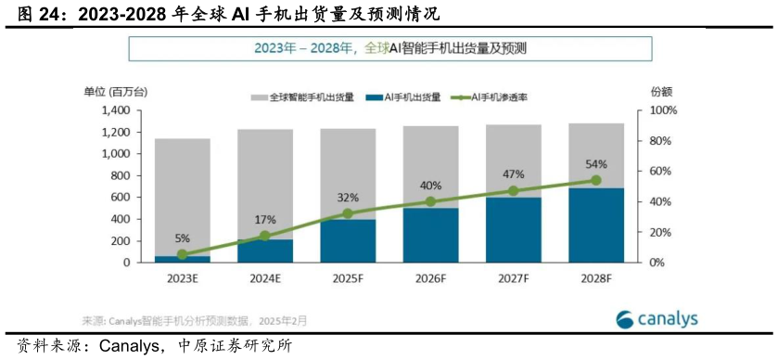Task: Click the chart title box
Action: (x=389, y=48)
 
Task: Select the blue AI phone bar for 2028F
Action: (x=596, y=225)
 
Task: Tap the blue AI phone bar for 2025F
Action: (x=348, y=241)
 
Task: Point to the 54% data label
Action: (x=596, y=164)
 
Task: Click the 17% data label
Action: (x=265, y=219)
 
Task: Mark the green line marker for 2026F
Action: (x=430, y=201)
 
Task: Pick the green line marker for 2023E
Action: (x=182, y=254)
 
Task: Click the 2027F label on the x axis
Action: (x=513, y=276)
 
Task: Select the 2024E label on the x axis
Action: (x=265, y=276)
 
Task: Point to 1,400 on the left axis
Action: (x=115, y=110)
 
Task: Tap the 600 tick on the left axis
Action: (x=121, y=198)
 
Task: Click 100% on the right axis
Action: (x=663, y=110)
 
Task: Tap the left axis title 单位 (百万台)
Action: (x=115, y=91)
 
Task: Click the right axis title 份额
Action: (x=661, y=91)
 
